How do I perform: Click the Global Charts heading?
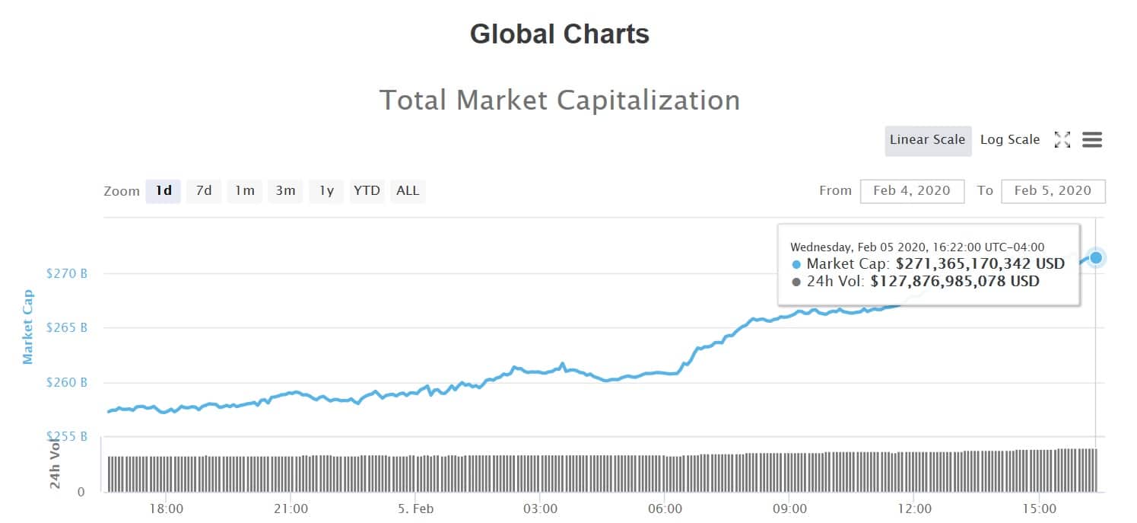tap(560, 34)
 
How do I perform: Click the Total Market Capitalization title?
tap(560, 100)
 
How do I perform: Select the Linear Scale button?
tap(927, 140)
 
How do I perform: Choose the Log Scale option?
tap(1009, 140)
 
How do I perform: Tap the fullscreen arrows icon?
tap(1062, 140)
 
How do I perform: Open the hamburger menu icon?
tap(1092, 140)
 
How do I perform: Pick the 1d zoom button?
tap(164, 191)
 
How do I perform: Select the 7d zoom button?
tap(204, 191)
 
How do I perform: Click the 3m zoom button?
tap(285, 191)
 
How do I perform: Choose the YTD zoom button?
tap(367, 191)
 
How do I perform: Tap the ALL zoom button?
tap(408, 191)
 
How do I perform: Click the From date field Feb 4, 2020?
tap(912, 191)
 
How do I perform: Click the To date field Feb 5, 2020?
tap(1053, 191)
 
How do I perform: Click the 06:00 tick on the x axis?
tap(665, 508)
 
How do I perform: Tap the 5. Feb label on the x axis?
tap(415, 508)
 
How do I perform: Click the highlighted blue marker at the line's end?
tap(1096, 257)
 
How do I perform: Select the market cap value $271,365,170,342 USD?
tap(980, 264)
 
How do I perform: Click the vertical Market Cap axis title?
tap(28, 327)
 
